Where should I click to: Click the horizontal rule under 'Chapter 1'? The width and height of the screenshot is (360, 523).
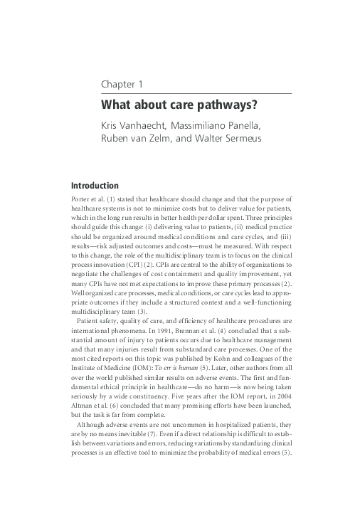click(196, 93)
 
